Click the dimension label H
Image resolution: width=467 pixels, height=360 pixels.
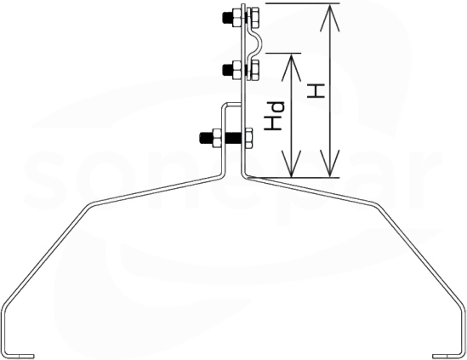(x=316, y=91)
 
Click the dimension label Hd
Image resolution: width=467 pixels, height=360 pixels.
(x=274, y=116)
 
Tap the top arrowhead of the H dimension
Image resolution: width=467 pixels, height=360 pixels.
(x=330, y=17)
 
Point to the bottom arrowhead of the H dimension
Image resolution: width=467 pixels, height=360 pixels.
(x=330, y=164)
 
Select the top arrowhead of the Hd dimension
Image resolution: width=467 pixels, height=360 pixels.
(x=291, y=67)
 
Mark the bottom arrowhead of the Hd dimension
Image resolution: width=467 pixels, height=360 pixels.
(x=291, y=164)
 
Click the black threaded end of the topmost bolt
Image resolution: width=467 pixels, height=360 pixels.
(x=227, y=18)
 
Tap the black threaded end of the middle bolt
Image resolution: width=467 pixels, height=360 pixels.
(x=227, y=70)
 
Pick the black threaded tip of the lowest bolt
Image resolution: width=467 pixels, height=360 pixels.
(x=206, y=138)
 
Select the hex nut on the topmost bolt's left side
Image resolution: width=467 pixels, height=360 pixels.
(x=236, y=18)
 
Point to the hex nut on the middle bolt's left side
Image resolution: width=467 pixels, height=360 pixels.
(x=236, y=70)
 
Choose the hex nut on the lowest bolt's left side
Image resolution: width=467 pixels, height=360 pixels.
(x=216, y=138)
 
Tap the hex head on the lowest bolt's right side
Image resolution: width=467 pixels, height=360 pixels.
(x=248, y=138)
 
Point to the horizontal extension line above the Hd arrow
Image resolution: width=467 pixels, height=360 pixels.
(x=283, y=54)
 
